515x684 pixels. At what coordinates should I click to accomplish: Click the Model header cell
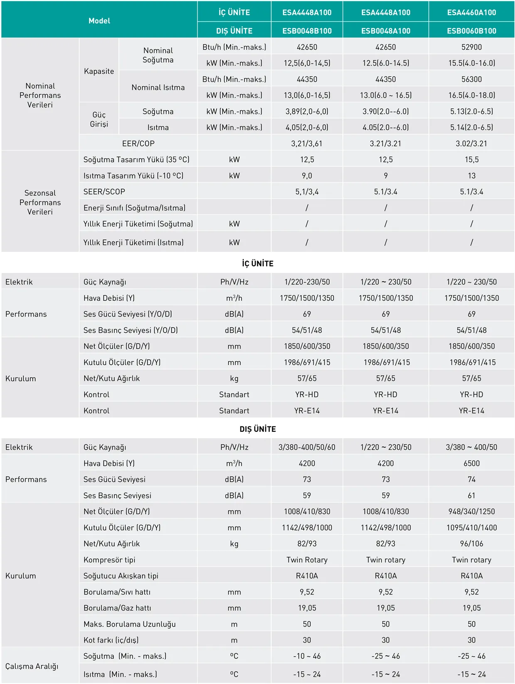[99, 21]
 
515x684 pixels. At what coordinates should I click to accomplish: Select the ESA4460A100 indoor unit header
[471, 12]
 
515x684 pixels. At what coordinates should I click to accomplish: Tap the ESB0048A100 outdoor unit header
[385, 31]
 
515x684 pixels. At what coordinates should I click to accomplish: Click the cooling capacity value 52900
[471, 47]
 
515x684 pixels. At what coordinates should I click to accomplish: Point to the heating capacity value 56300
[471, 79]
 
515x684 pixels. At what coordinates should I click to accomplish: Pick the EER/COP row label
[138, 144]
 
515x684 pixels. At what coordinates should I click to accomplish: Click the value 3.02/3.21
[471, 144]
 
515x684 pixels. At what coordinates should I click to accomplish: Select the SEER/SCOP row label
[104, 192]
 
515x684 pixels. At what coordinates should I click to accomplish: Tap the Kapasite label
[99, 71]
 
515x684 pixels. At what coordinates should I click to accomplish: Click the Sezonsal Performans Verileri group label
[40, 202]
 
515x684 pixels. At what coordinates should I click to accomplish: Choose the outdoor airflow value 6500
[471, 463]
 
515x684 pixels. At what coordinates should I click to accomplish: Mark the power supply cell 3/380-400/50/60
[307, 447]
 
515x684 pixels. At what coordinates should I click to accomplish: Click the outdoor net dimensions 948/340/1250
[471, 511]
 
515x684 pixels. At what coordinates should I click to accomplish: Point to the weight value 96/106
[471, 543]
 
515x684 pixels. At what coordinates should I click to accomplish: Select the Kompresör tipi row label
[109, 560]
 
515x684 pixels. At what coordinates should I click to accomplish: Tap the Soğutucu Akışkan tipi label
[121, 576]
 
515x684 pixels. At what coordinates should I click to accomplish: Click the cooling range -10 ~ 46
[307, 656]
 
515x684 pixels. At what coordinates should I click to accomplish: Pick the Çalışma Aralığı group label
[32, 666]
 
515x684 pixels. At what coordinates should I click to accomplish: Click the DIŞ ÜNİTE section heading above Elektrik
[257, 429]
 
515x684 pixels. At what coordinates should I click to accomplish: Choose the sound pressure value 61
[471, 495]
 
